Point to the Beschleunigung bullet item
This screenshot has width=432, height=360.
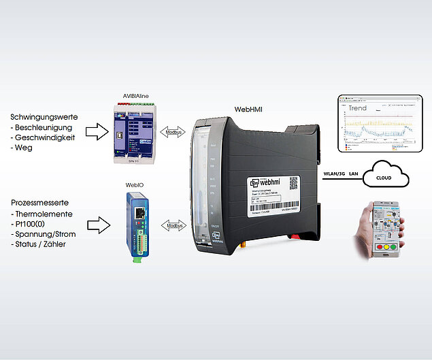click(48, 127)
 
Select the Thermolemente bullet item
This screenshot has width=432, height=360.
click(46, 214)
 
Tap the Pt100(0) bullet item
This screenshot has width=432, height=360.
click(36, 224)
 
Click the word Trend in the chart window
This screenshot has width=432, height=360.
click(357, 108)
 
